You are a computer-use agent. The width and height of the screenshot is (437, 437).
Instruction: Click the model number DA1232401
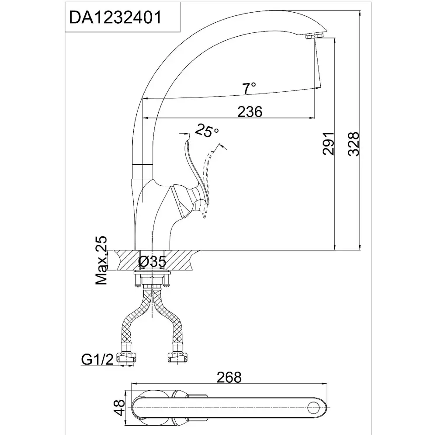point(115,17)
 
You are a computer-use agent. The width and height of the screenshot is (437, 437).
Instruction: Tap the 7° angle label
point(249,89)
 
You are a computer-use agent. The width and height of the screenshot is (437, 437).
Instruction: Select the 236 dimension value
point(250,112)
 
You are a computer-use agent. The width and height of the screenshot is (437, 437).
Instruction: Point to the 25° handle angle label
point(207,130)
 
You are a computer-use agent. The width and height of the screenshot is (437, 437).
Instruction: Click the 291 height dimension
point(328,143)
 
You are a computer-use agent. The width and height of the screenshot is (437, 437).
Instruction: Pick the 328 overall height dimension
point(354,144)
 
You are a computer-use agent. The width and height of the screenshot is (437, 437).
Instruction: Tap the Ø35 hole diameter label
point(152,261)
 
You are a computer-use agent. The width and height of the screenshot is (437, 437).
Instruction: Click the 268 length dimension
point(229,378)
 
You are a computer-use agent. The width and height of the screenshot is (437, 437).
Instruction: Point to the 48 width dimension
point(120,407)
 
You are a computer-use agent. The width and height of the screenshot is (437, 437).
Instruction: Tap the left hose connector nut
point(127,357)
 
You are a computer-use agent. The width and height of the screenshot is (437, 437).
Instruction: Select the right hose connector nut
point(177,357)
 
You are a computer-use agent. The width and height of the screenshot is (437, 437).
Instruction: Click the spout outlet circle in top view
point(313,408)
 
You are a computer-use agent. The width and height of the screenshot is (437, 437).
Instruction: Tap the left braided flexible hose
point(134,318)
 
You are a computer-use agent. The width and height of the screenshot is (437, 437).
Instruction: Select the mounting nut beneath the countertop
point(152,280)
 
